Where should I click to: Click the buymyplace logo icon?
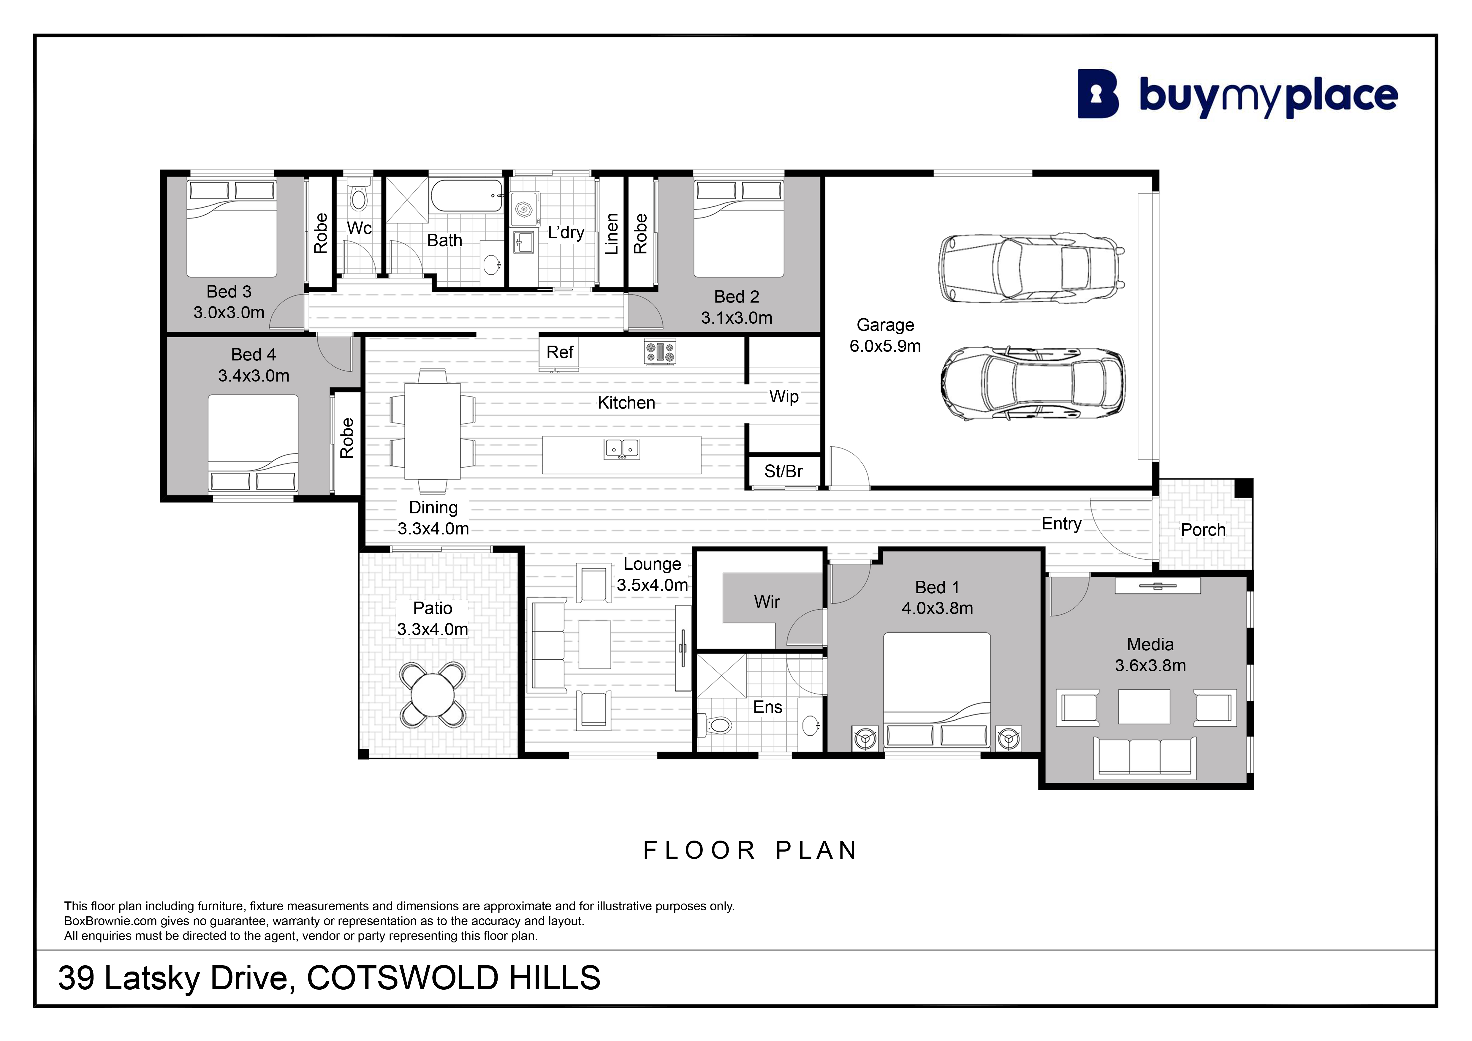pyautogui.click(x=1098, y=94)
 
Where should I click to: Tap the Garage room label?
pyautogui.click(x=885, y=325)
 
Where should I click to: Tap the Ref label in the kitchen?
pyautogui.click(x=560, y=352)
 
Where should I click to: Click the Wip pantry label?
pyautogui.click(x=784, y=397)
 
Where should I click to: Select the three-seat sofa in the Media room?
pyautogui.click(x=1145, y=757)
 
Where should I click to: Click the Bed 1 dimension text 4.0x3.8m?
pyautogui.click(x=937, y=608)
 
